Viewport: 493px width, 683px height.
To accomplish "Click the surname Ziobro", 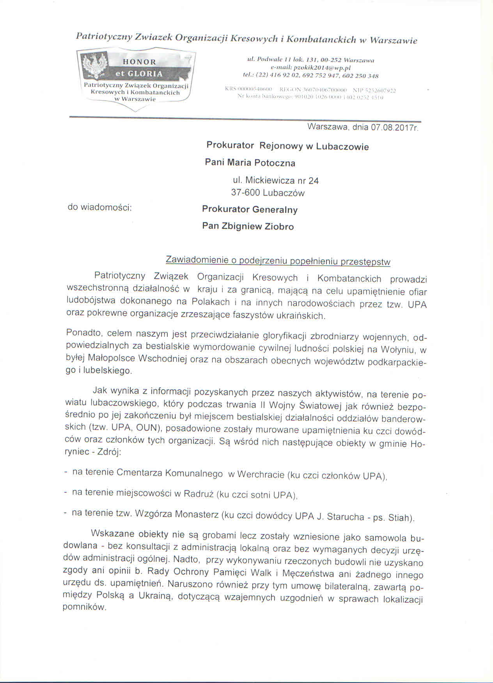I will pos(279,226).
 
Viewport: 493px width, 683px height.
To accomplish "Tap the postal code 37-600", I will pos(245,193).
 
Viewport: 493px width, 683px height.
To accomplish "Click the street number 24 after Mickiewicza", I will pos(314,180).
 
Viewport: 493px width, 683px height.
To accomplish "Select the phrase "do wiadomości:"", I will pos(100,207).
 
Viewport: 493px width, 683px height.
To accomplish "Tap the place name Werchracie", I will pos(261,474).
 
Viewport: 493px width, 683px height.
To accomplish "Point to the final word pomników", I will pos(84,607).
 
